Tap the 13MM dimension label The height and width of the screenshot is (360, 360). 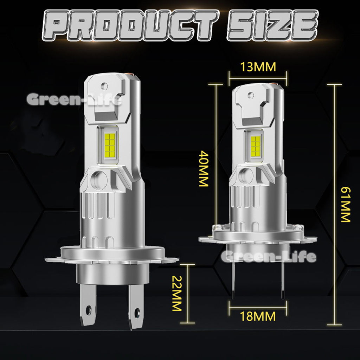pos(258,67)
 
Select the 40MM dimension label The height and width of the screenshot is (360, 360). pos(204,168)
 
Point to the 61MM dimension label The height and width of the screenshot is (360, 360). pos(345,205)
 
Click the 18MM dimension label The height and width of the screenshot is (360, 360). pos(258,316)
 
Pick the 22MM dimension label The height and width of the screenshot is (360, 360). pos(177,293)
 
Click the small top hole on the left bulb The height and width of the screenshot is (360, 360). pos(104,86)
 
